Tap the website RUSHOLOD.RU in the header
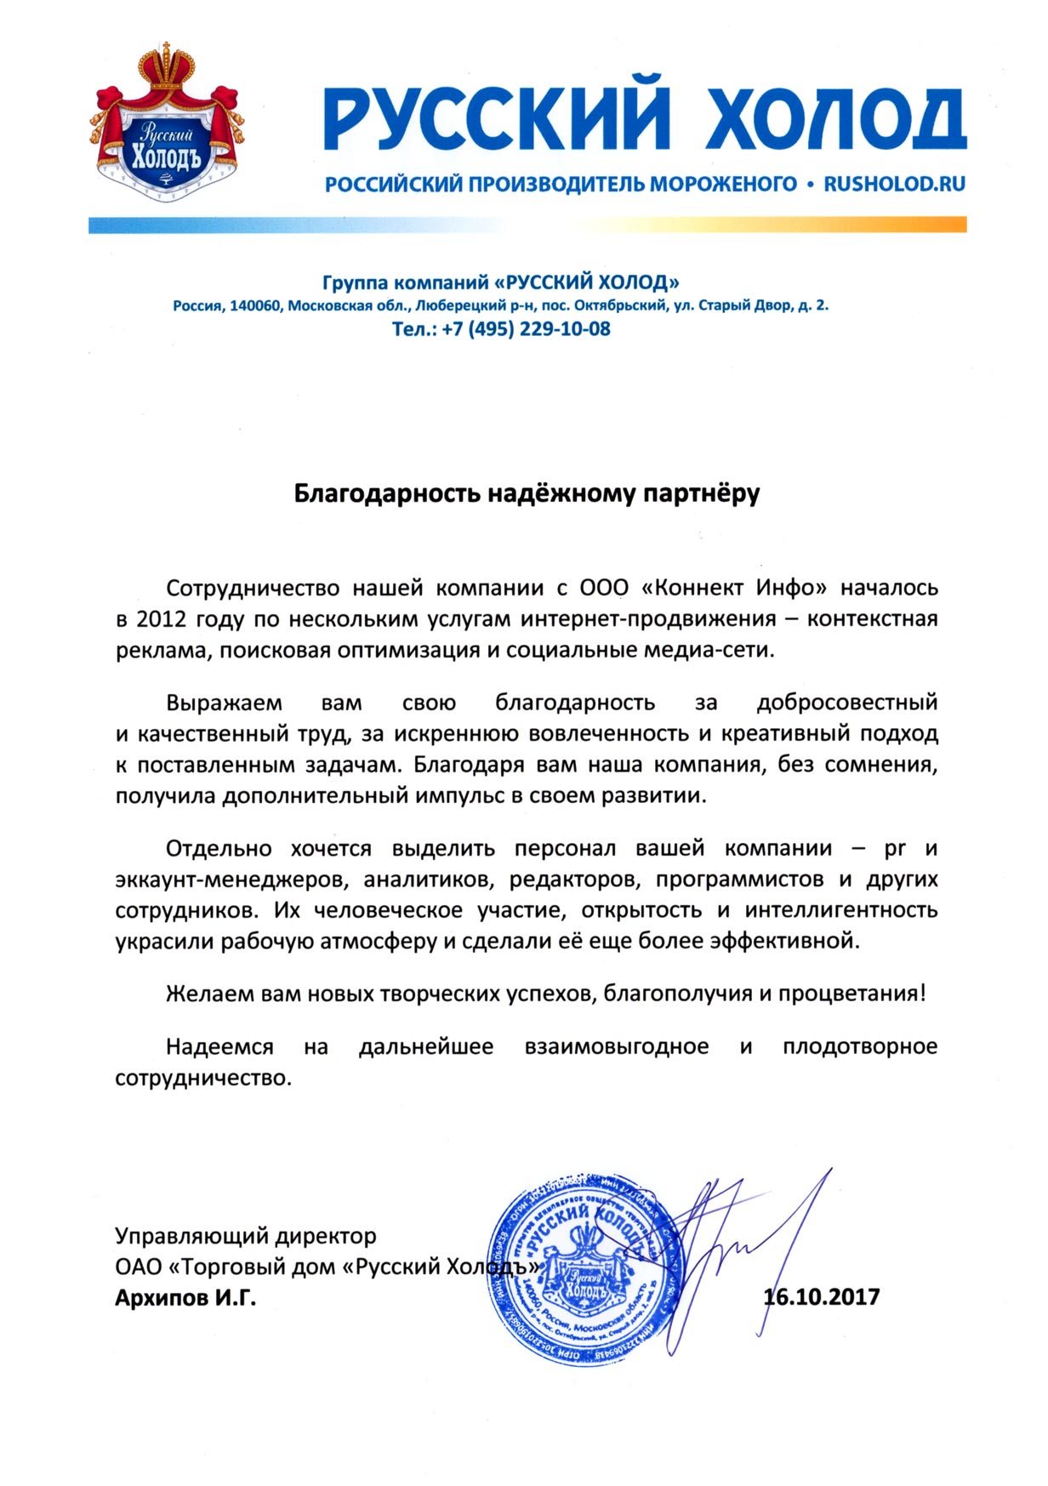pos(894,184)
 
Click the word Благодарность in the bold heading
pos(387,493)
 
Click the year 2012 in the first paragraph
pos(159,619)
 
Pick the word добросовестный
pos(846,703)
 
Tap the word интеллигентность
pos(841,910)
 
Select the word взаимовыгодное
pos(617,1046)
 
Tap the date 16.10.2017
pos(822,1297)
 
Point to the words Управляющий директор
pos(246,1235)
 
